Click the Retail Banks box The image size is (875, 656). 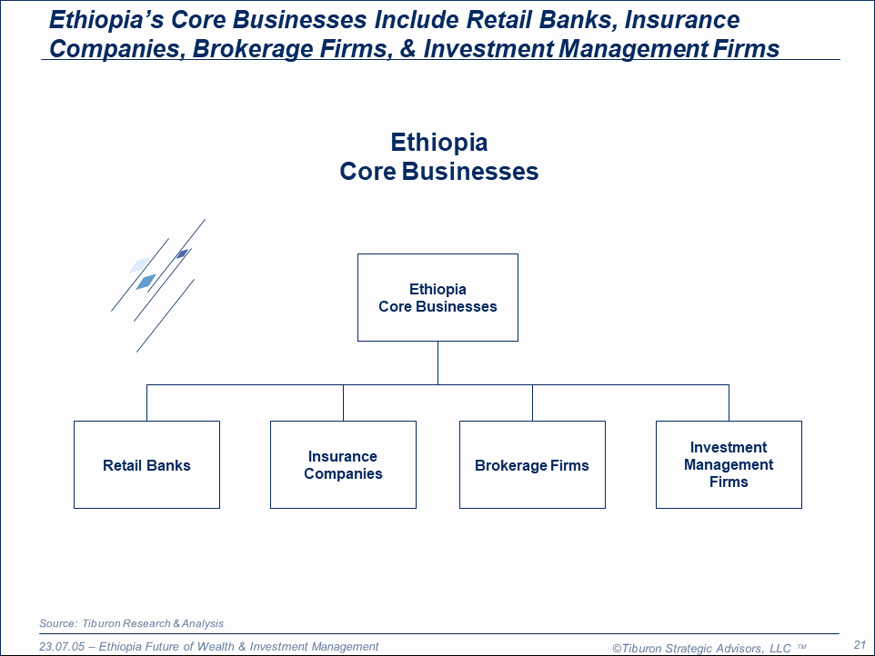(x=146, y=465)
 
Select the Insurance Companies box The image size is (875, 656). (x=343, y=465)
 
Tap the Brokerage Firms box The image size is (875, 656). (x=532, y=465)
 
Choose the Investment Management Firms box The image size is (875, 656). (x=729, y=465)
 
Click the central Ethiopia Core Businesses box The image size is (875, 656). (x=438, y=298)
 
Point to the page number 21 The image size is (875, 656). (x=860, y=645)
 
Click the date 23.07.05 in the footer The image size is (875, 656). (x=62, y=647)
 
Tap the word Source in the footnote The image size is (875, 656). (x=58, y=623)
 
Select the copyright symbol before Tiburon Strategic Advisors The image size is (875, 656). (x=617, y=648)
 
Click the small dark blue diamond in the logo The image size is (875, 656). (x=182, y=254)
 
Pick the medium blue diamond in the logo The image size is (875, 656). (x=146, y=282)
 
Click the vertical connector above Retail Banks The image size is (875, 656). (x=146, y=403)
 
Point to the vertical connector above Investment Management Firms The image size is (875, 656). (x=729, y=403)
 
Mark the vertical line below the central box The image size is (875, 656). (x=438, y=363)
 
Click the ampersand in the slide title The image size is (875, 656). (x=407, y=48)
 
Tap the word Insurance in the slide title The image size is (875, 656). (x=682, y=19)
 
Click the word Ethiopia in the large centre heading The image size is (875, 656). (x=439, y=142)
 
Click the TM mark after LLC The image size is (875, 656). (x=801, y=647)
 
